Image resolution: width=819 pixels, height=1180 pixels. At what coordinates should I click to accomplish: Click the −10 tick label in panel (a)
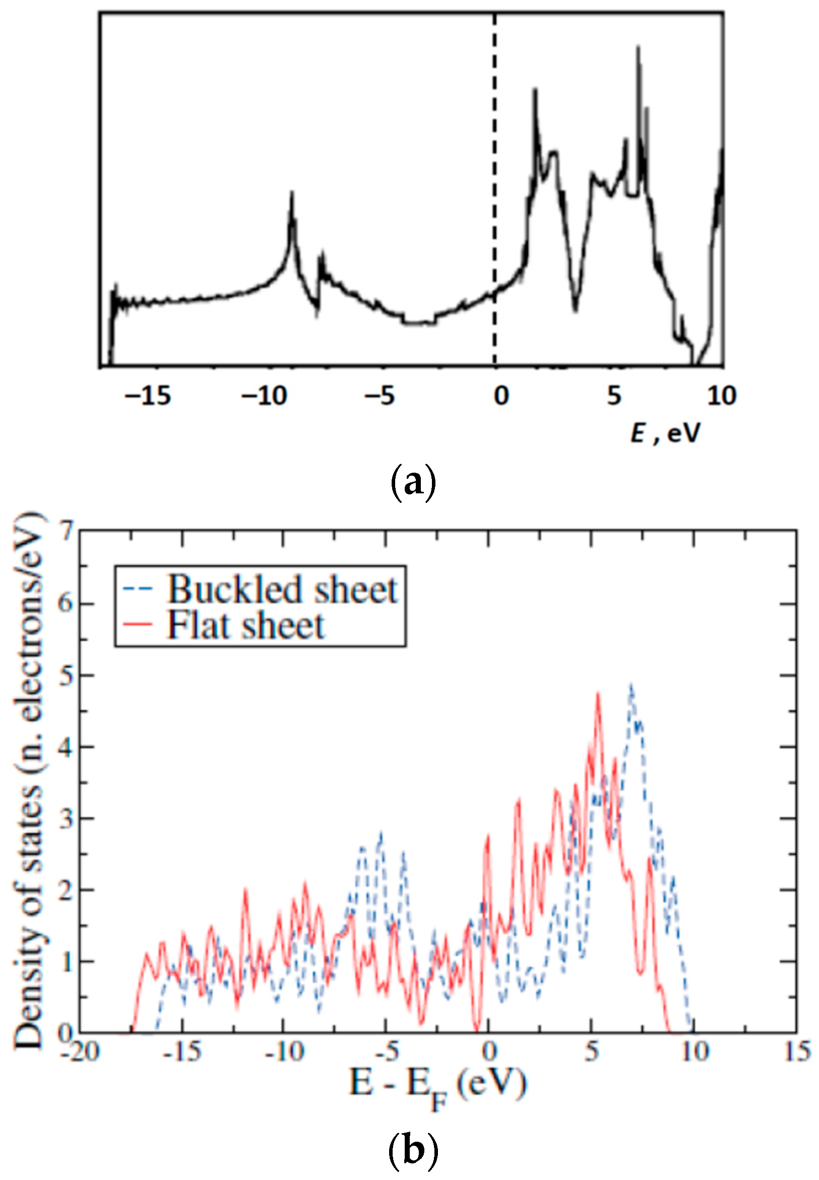click(x=264, y=396)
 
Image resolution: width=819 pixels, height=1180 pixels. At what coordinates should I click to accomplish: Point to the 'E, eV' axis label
click(x=665, y=434)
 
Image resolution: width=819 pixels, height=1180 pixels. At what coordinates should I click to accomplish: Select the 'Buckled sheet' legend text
click(x=282, y=589)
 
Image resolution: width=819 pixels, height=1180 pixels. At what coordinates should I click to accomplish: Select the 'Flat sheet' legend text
click(x=246, y=625)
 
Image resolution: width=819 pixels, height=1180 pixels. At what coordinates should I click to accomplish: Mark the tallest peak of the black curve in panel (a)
click(x=638, y=47)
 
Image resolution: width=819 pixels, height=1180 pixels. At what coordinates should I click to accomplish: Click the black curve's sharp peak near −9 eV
click(x=292, y=193)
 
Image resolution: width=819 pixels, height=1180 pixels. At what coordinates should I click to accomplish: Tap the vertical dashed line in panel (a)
click(x=495, y=154)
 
